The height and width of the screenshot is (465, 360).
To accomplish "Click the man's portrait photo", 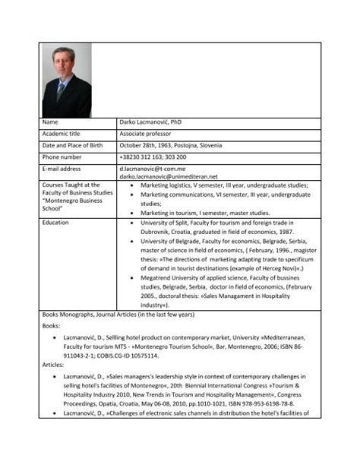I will coord(67,80).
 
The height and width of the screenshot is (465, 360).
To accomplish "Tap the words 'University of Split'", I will coord(168,223).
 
